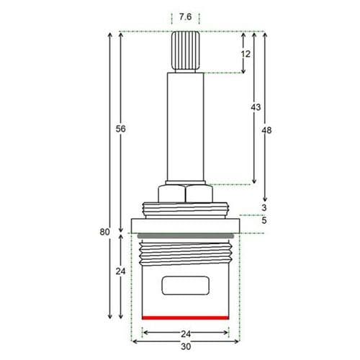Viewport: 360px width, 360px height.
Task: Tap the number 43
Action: [256, 107]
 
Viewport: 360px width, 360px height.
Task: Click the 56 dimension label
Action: [121, 128]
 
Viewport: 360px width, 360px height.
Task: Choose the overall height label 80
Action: [105, 232]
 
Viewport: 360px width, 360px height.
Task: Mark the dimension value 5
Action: [264, 220]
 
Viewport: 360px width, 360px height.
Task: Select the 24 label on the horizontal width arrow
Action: [186, 333]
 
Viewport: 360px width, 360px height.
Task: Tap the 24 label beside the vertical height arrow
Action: [121, 271]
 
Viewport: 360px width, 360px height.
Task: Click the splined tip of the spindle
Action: [186, 50]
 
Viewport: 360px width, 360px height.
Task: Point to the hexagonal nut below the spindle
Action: [186, 194]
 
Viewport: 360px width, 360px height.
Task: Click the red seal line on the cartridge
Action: [186, 318]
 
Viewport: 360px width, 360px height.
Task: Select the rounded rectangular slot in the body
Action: [186, 286]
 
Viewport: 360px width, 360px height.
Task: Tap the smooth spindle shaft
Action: [186, 126]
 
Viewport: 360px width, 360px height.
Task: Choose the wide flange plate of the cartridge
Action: [186, 225]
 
